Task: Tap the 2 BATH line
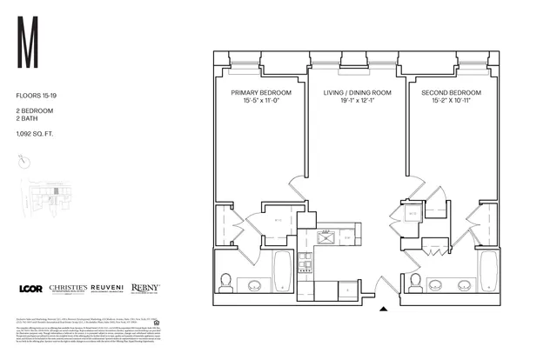click(29, 118)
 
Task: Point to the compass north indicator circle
click(23, 161)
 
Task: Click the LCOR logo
click(30, 289)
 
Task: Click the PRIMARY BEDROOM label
click(258, 92)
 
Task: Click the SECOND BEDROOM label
click(453, 92)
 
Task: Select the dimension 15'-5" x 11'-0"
click(258, 101)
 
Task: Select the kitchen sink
click(329, 235)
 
